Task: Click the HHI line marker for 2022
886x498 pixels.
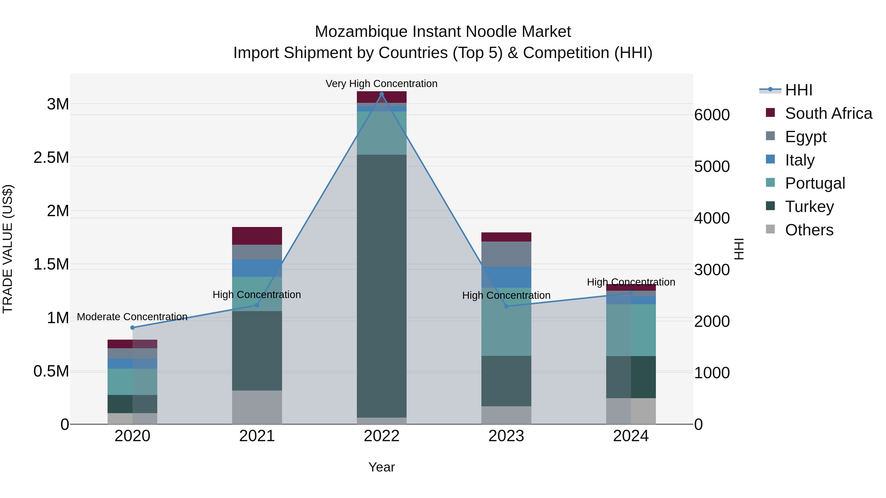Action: [x=381, y=94]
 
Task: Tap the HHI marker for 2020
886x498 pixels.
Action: [x=132, y=328]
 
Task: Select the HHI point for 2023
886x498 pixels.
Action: [x=506, y=306]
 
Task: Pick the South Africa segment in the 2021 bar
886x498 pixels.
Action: [x=257, y=236]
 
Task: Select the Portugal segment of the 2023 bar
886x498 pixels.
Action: [x=506, y=322]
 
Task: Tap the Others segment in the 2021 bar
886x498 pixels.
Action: [x=257, y=407]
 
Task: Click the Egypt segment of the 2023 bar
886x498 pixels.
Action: [x=506, y=254]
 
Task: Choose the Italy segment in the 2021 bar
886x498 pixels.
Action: [x=257, y=268]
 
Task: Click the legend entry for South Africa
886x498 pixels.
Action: [x=828, y=113]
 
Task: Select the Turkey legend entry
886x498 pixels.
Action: [x=809, y=207]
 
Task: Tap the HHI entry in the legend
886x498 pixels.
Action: [x=799, y=90]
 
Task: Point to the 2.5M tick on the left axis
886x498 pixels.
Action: [x=51, y=157]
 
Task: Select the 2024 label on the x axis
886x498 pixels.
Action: [x=631, y=436]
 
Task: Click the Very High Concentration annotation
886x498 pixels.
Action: [x=381, y=84]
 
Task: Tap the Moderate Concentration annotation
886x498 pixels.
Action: [x=132, y=317]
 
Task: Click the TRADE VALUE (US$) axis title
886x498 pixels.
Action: [x=8, y=249]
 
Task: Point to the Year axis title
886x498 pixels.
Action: [x=381, y=467]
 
